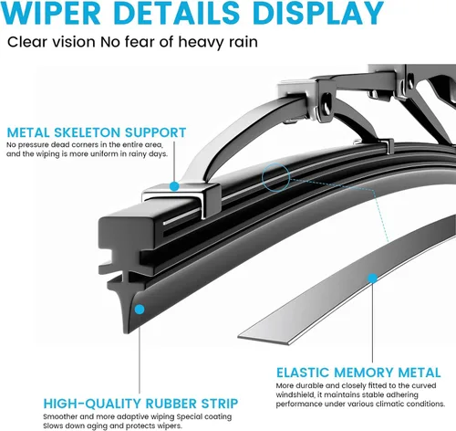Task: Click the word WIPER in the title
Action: tap(51, 13)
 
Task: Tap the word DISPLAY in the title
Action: tap(318, 13)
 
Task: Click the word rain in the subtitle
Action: tap(244, 42)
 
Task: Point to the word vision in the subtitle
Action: tap(74, 42)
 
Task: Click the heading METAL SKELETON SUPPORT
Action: tap(97, 132)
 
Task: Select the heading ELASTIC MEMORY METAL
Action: tap(358, 373)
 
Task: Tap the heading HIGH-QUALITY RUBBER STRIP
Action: tap(140, 404)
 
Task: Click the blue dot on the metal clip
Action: tap(174, 186)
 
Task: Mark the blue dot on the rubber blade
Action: tap(140, 310)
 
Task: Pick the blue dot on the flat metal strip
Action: tap(372, 278)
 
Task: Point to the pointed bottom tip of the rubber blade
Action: tap(126, 332)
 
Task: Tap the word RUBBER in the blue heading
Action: tap(171, 404)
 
